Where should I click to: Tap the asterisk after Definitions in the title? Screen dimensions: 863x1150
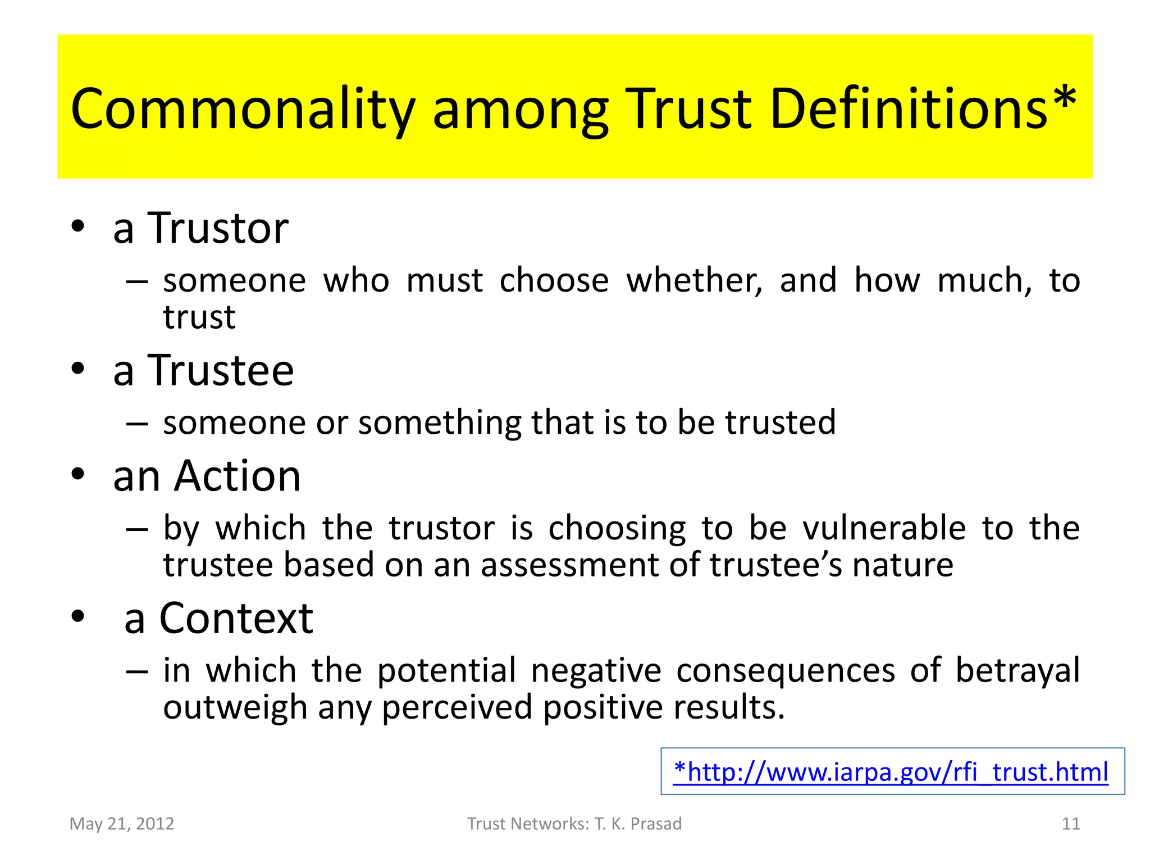[x=1064, y=101]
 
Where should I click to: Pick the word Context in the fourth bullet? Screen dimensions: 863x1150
[x=236, y=619]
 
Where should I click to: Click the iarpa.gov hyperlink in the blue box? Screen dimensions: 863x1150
[x=892, y=772]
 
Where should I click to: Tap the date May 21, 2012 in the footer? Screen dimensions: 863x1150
[x=122, y=824]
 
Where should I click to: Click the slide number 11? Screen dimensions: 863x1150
[x=1071, y=824]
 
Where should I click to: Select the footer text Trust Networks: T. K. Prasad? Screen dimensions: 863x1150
[x=574, y=824]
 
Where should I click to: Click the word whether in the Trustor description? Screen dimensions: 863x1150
[x=694, y=280]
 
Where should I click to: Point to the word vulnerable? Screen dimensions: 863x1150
[x=884, y=528]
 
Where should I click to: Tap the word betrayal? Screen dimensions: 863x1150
[x=1017, y=671]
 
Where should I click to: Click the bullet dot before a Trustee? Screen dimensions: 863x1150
[x=78, y=369]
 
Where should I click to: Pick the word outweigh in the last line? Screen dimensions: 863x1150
[x=235, y=707]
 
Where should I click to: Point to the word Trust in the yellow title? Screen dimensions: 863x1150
[x=688, y=110]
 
